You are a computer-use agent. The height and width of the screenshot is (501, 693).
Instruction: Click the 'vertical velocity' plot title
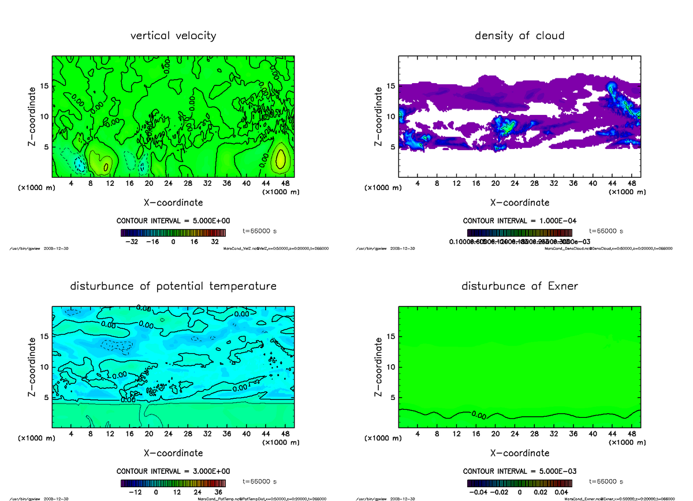(x=173, y=36)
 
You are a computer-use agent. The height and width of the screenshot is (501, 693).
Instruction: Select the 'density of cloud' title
(x=519, y=36)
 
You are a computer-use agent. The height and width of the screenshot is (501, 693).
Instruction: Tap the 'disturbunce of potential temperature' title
(x=173, y=286)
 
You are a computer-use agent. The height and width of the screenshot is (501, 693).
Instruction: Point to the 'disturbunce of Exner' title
(x=520, y=286)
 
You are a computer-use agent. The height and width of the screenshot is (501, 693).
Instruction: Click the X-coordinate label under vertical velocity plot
(x=173, y=203)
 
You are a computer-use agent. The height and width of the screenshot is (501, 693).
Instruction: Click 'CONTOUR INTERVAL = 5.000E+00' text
(x=173, y=221)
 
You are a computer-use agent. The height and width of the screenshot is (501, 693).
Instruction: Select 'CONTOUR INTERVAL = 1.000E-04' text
(x=520, y=221)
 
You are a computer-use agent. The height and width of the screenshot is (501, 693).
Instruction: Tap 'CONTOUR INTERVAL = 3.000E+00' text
(x=173, y=471)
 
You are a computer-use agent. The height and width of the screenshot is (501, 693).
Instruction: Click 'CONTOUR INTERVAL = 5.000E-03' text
(x=520, y=471)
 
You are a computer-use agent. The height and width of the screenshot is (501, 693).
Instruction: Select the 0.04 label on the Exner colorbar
(x=561, y=492)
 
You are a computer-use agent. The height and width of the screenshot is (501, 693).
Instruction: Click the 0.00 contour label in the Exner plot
(x=478, y=414)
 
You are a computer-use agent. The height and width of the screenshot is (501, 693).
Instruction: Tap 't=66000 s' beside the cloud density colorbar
(x=606, y=231)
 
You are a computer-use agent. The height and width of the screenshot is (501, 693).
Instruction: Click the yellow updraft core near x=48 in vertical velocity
(x=280, y=158)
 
